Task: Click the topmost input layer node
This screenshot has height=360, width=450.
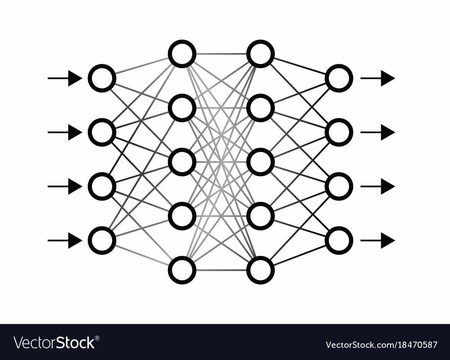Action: coord(102,78)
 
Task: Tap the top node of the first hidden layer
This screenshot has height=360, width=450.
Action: coord(182,54)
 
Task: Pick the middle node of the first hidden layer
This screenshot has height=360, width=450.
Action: coord(182,162)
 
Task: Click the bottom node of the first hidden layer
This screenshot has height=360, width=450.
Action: coord(182,270)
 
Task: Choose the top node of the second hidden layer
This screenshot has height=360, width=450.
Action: coord(261,54)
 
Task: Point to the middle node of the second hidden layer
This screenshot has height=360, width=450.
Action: coord(261,162)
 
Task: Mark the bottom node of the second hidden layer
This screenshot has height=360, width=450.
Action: coord(261,270)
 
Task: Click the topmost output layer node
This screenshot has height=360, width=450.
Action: coord(339,78)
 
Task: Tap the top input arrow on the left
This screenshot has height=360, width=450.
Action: coord(65,78)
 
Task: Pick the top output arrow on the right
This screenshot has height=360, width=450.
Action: coord(378,78)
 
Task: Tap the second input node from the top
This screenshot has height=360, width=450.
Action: coord(102,132)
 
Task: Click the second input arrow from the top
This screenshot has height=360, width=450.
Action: coord(65,132)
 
